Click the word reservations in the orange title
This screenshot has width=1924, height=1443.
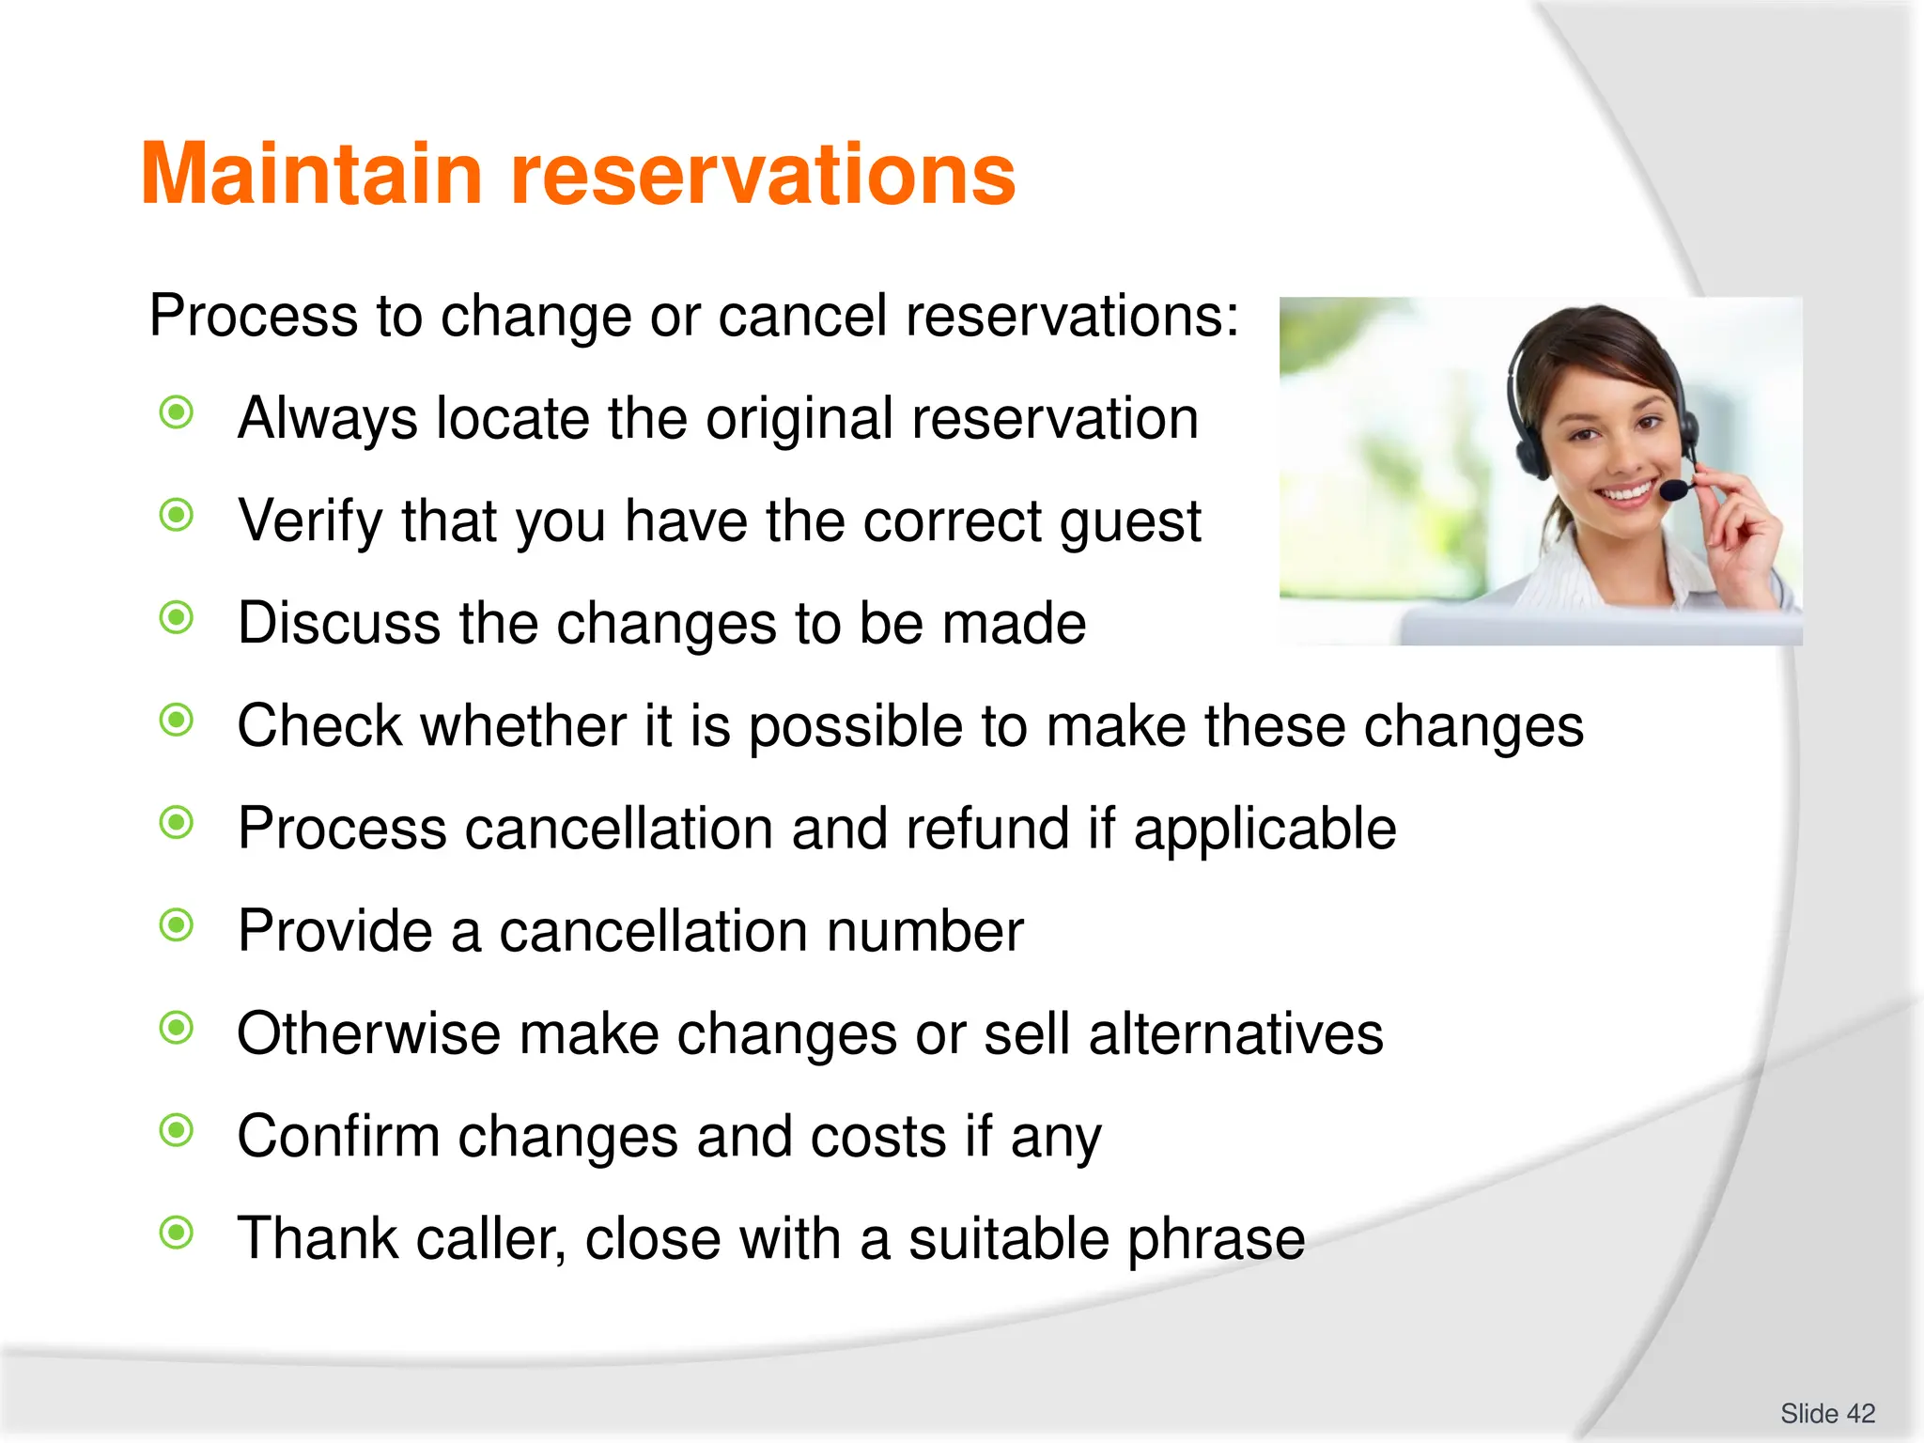763,175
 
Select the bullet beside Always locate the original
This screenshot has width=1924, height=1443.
177,412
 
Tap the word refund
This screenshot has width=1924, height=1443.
981,829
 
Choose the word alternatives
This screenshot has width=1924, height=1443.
1235,1033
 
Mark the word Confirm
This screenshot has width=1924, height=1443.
338,1137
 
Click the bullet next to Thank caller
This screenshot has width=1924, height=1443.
177,1233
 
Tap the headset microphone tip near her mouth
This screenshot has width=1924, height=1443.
1673,489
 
